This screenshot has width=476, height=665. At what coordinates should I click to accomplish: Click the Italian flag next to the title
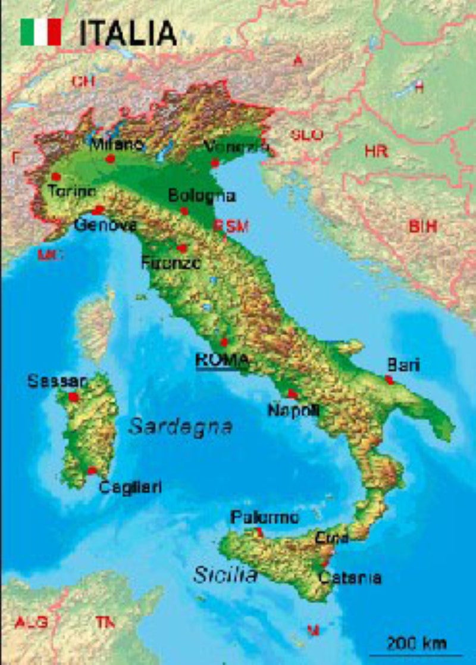(x=41, y=32)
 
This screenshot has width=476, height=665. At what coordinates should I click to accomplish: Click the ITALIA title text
(x=128, y=33)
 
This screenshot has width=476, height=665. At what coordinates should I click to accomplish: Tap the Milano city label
(x=117, y=145)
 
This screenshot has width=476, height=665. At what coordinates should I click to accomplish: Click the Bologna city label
(x=202, y=195)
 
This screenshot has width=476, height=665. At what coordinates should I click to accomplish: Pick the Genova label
(x=106, y=225)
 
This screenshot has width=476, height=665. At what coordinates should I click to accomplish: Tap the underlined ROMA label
(x=222, y=360)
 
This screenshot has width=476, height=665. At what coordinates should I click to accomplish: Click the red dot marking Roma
(x=224, y=342)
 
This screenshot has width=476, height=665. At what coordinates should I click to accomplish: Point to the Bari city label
(x=403, y=364)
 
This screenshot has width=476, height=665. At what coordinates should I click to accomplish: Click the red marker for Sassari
(x=74, y=397)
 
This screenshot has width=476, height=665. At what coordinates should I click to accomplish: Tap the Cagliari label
(x=130, y=487)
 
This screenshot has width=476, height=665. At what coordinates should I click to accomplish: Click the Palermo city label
(x=264, y=517)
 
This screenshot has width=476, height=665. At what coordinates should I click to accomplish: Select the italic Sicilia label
(x=226, y=575)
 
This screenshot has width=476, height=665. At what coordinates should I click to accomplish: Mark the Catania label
(x=350, y=577)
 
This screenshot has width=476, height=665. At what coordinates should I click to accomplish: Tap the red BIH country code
(x=423, y=226)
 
